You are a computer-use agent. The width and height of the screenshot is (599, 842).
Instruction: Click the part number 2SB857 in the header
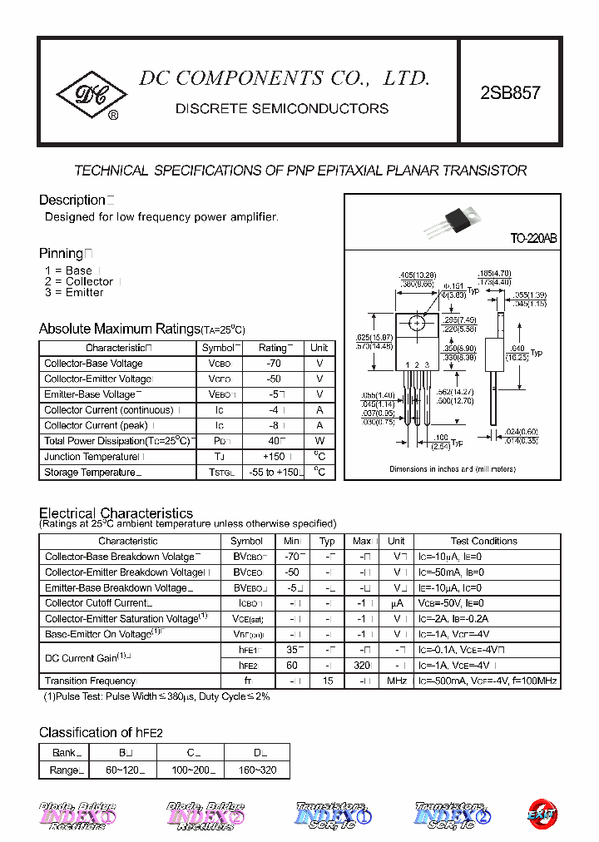tap(510, 93)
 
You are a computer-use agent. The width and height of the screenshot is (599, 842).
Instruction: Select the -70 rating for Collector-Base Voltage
tap(273, 364)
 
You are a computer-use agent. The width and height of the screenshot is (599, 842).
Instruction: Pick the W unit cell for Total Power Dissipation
tap(319, 441)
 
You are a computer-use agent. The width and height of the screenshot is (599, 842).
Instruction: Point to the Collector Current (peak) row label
tap(99, 425)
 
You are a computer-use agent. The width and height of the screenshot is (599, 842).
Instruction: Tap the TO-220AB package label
tap(533, 239)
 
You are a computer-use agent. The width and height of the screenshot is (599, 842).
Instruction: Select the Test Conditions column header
tap(484, 541)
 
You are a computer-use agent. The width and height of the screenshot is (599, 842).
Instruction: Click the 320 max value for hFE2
tap(361, 666)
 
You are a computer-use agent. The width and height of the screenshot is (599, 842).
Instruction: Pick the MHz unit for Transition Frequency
tap(397, 681)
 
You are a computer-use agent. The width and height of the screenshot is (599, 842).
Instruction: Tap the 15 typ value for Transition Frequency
tap(329, 681)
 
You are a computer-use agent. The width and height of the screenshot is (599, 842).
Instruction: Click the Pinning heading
tap(62, 253)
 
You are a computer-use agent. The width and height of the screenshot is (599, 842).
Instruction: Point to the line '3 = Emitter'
tap(74, 293)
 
